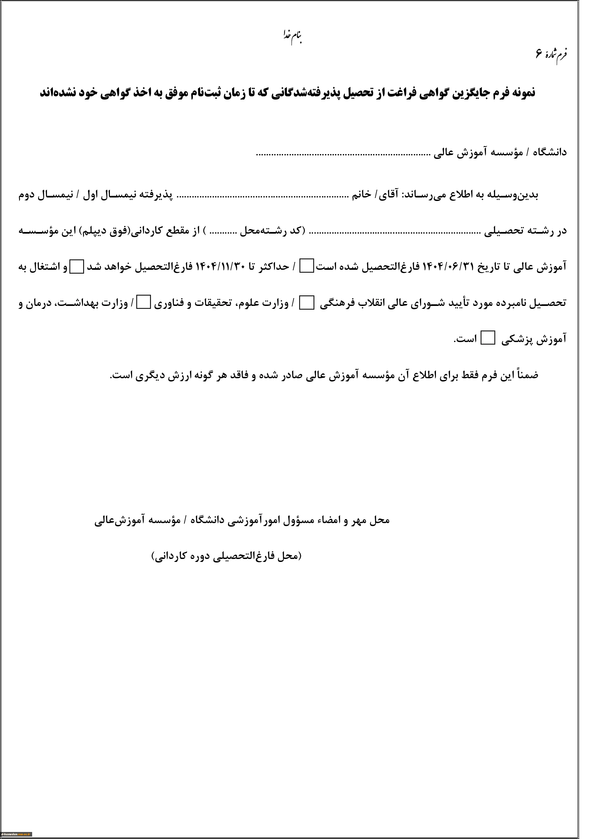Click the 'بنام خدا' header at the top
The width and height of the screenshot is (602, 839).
(x=292, y=37)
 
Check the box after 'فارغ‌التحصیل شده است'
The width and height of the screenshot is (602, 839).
(x=307, y=266)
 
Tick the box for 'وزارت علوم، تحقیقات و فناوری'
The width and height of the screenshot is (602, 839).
(x=144, y=303)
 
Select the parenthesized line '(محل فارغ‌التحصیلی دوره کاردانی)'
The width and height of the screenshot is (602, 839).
(x=227, y=556)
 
